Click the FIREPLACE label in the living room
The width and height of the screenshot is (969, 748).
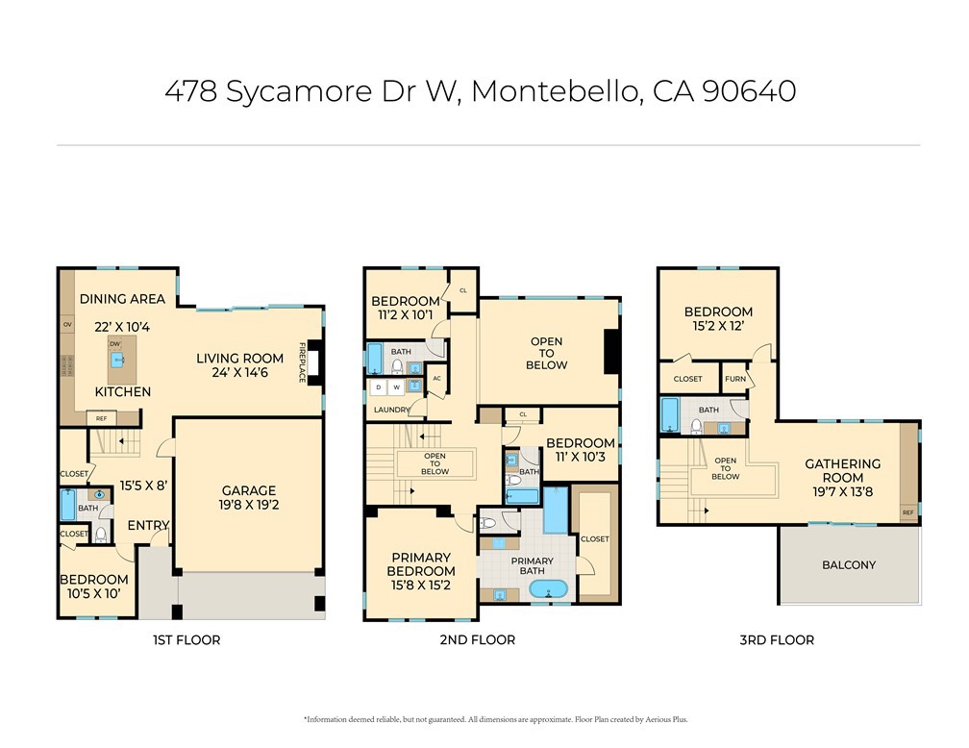302,362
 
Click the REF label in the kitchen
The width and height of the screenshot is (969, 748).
100,418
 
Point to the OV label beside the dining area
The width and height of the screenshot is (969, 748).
67,325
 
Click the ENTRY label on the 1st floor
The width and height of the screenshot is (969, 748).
149,525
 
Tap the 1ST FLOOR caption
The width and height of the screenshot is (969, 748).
186,639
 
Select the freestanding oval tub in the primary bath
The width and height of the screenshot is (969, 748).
549,587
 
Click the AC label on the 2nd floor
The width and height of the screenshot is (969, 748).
436,378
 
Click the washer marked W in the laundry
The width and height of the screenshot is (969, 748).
395,387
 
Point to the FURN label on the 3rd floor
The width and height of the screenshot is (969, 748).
735,379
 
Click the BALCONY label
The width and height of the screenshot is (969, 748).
849,564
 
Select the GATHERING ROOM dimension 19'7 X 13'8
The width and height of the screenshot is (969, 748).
842,491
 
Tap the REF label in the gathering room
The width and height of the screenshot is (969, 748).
907,513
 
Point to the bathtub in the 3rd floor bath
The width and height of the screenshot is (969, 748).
670,414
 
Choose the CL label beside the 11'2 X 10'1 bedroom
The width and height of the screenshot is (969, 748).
462,289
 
